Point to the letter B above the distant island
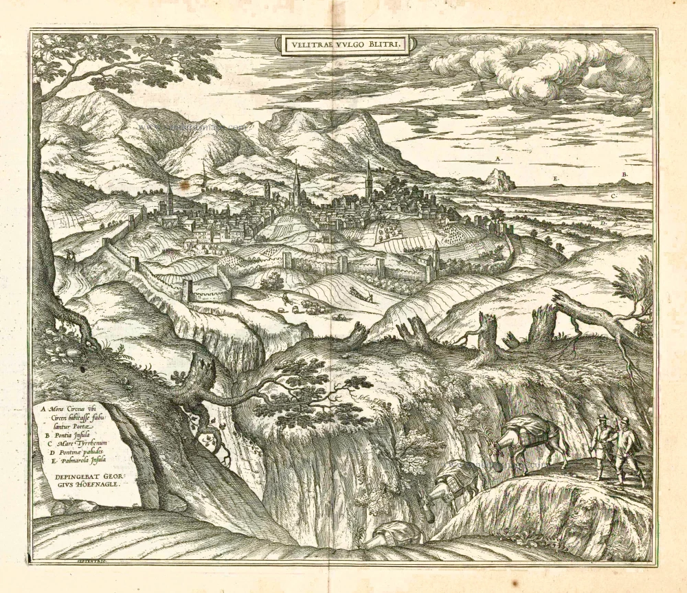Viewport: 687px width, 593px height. [624, 175]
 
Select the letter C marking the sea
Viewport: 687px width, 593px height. [613, 196]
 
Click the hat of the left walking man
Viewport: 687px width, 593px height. [602, 418]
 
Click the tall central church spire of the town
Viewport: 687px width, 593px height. [296, 180]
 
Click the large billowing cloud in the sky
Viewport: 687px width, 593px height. [543, 69]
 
